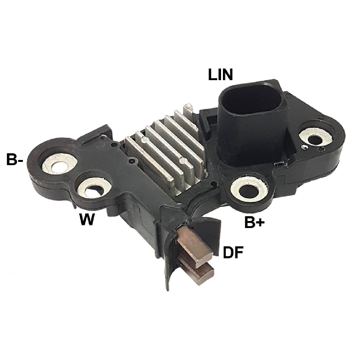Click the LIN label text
point(220,75)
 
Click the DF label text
point(233,253)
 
